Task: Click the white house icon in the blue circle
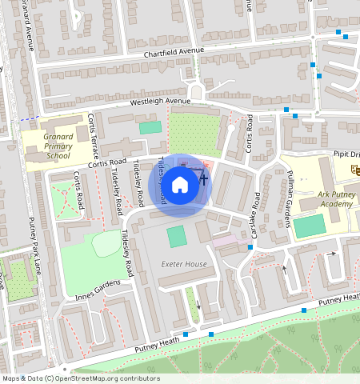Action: (180, 185)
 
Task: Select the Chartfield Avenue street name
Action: (174, 53)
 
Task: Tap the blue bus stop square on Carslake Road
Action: (251, 247)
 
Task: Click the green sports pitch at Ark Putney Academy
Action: (309, 226)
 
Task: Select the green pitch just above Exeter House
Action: (176, 237)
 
